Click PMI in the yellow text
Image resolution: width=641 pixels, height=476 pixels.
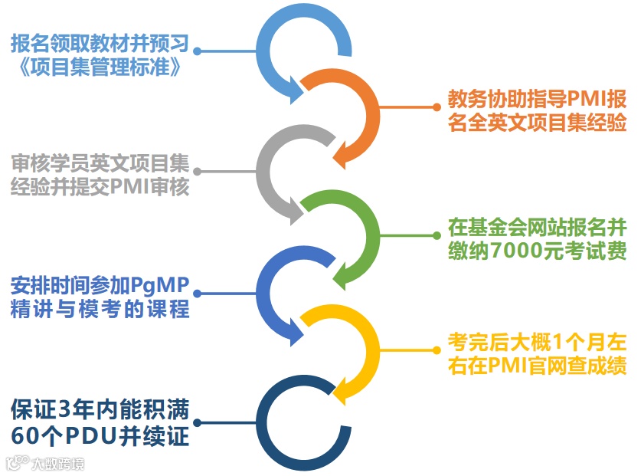tap(502, 366)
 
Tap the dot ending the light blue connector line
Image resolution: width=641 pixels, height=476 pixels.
tap(197, 52)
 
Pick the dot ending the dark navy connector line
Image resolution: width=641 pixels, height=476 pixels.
tap(197, 422)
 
